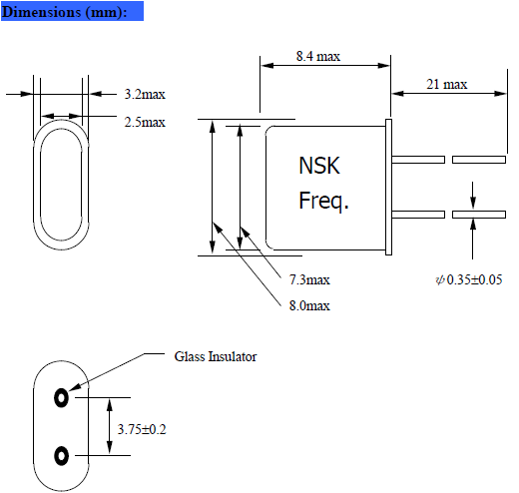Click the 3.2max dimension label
pyautogui.click(x=144, y=94)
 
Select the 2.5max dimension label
pyautogui.click(x=144, y=122)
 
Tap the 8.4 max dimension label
pyautogui.click(x=318, y=57)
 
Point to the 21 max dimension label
pyautogui.click(x=446, y=84)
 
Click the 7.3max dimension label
pyautogui.click(x=309, y=278)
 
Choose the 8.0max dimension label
pyautogui.click(x=309, y=303)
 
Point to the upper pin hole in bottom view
pyautogui.click(x=62, y=397)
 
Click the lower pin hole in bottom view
pyautogui.click(x=62, y=456)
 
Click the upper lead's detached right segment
pyautogui.click(x=478, y=159)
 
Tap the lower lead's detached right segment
pyautogui.click(x=478, y=215)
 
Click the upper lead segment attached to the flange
pyautogui.click(x=419, y=159)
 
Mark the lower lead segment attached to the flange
pyautogui.click(x=419, y=215)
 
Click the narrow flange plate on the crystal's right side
pyautogui.click(x=390, y=187)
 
